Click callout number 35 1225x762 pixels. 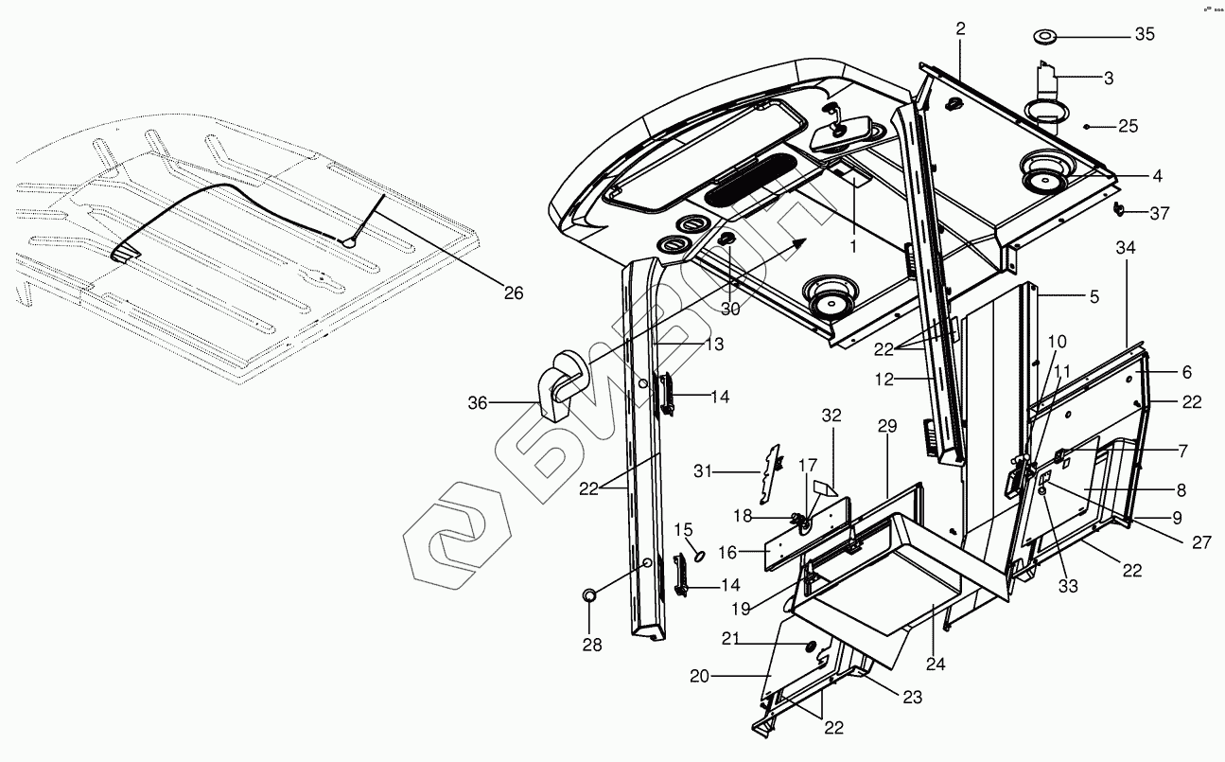[x=1145, y=35]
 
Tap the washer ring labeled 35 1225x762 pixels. [x=1045, y=37]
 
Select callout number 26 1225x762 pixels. [x=513, y=293]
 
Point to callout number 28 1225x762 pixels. [x=590, y=645]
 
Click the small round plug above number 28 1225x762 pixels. [x=588, y=595]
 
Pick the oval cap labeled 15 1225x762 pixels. [x=698, y=553]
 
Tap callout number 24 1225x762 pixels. [x=936, y=664]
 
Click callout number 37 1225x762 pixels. [x=1159, y=213]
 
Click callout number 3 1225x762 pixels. [x=1108, y=79]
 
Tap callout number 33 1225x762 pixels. [x=1068, y=587]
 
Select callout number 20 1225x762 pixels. [x=699, y=676]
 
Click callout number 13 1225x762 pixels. [x=713, y=345]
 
